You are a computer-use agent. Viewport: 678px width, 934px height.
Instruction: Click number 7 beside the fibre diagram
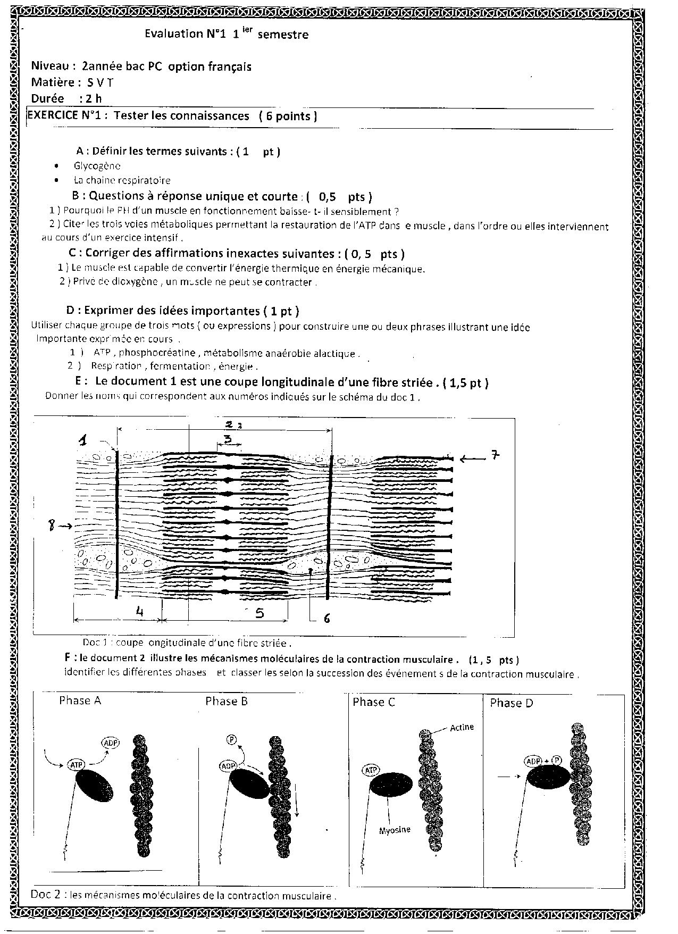(x=494, y=455)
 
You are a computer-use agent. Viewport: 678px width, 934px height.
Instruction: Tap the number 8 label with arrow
(x=52, y=526)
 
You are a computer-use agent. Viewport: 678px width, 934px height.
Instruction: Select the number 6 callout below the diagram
(x=327, y=618)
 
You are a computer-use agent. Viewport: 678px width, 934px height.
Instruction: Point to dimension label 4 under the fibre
(x=139, y=612)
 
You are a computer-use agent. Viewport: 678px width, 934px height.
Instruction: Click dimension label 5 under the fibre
(x=260, y=613)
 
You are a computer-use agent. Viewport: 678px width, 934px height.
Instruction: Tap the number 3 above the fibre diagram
(x=227, y=439)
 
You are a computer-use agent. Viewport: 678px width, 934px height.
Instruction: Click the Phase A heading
(x=80, y=700)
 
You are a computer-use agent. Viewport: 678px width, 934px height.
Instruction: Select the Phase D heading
(x=511, y=703)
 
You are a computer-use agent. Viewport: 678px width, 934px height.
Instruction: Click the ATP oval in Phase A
(x=76, y=765)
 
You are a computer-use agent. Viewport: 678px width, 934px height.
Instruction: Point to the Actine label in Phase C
(x=462, y=727)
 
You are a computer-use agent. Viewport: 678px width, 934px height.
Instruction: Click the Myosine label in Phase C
(x=395, y=830)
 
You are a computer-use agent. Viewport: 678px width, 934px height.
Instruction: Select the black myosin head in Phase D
(x=548, y=778)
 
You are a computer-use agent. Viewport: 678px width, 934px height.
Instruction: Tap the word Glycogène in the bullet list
(x=97, y=166)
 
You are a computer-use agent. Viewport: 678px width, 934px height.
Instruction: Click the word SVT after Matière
(x=100, y=82)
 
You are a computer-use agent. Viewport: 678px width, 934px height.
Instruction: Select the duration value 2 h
(x=90, y=98)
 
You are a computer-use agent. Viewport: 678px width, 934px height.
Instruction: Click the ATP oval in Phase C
(x=370, y=769)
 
